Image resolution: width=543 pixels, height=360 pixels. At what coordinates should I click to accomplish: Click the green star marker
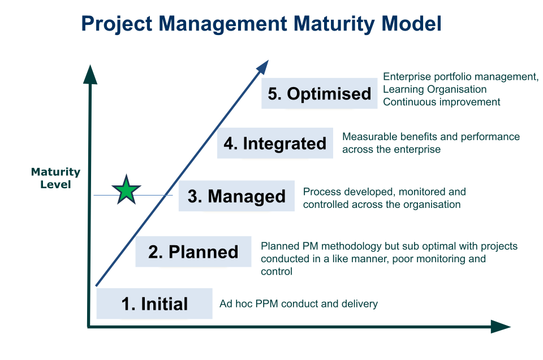click(126, 190)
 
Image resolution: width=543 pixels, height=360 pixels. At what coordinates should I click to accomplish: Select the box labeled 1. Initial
click(154, 304)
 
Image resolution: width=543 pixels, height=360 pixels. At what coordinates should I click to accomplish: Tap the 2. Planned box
click(193, 251)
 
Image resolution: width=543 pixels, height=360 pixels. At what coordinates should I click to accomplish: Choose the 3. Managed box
click(236, 196)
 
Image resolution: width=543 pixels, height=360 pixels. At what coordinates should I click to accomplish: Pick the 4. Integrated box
click(275, 144)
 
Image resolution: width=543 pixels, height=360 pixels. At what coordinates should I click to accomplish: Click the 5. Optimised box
click(319, 93)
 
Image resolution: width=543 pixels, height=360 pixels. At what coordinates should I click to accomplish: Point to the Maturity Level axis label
click(55, 177)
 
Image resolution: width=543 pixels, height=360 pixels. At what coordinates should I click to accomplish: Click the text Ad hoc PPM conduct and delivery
click(298, 304)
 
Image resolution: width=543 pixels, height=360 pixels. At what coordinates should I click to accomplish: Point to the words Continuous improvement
click(441, 102)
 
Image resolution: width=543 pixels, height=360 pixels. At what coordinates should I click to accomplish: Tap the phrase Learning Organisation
click(434, 89)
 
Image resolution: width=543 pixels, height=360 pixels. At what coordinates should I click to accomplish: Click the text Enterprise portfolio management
click(460, 77)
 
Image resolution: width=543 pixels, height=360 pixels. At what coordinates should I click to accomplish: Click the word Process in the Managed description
click(320, 192)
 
